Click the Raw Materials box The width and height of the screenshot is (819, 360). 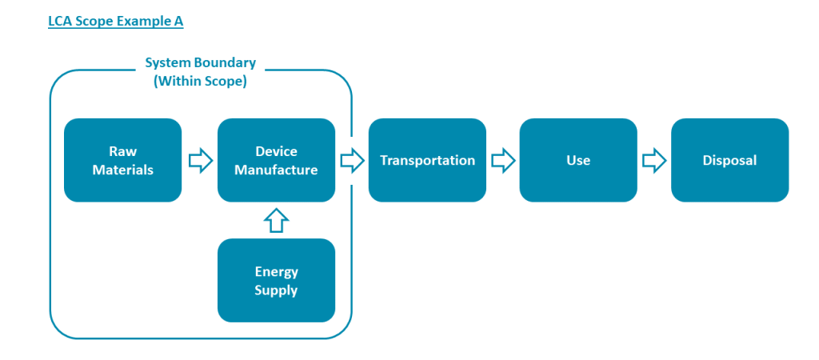tap(122, 160)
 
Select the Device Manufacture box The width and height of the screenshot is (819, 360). tap(276, 160)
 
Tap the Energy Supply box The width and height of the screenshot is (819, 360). tap(276, 280)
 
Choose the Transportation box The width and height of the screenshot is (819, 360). tap(427, 160)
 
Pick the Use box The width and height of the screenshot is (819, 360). tap(577, 160)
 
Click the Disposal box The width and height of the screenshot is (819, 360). tap(729, 160)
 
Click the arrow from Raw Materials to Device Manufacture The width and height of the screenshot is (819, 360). tap(200, 161)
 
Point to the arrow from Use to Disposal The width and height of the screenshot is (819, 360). tap(654, 161)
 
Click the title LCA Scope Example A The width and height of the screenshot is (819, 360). tap(115, 22)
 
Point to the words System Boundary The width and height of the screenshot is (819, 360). tap(200, 62)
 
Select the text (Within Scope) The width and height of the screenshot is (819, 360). tap(200, 81)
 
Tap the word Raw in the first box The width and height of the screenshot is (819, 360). tap(122, 151)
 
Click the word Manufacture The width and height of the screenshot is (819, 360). tap(276, 170)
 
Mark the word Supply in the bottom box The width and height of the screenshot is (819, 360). tap(276, 290)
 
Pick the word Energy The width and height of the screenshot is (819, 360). tap(276, 271)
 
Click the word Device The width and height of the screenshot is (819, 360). tap(276, 151)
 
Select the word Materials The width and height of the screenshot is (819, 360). tap(122, 170)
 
